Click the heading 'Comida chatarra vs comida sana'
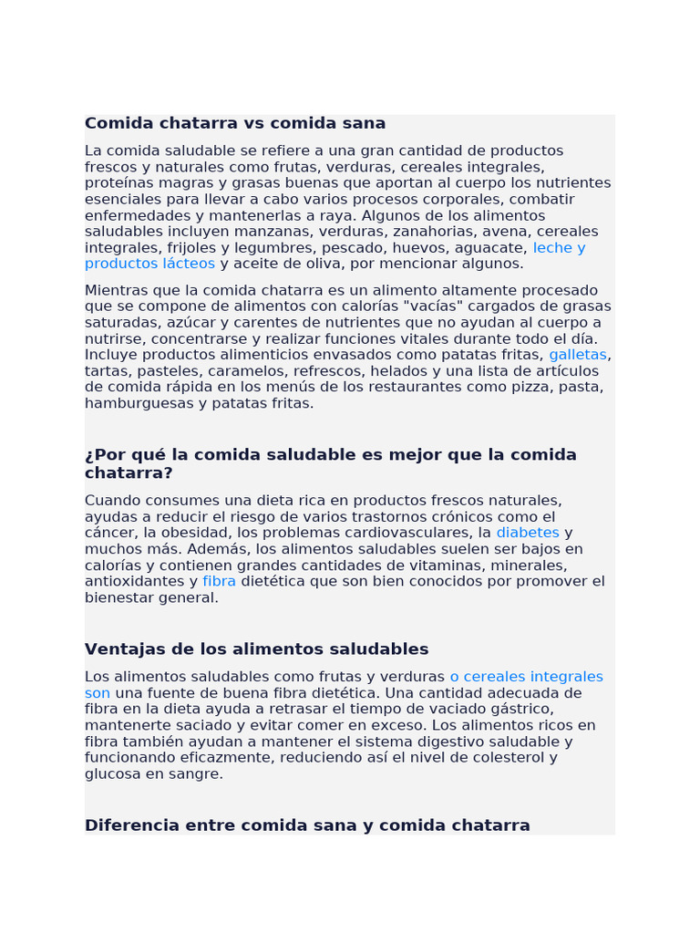235,123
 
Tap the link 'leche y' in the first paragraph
559,248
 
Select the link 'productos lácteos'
149,264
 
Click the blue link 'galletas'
577,355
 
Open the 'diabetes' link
528,533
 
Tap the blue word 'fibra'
219,581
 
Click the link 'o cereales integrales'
526,677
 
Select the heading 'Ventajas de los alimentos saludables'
256,649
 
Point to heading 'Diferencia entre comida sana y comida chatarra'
307,825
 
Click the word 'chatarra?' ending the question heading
129,473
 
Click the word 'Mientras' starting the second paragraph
116,290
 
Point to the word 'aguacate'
494,248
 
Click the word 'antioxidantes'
135,581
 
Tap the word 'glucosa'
113,774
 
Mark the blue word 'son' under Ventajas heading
98,693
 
